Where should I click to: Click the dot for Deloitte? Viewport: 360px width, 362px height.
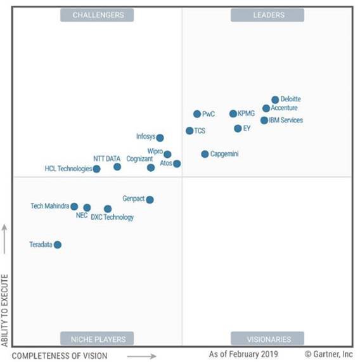[275, 100]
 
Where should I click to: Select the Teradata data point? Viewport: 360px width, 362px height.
[58, 245]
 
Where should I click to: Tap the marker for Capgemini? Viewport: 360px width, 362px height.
[205, 154]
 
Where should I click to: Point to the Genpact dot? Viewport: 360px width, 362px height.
[150, 200]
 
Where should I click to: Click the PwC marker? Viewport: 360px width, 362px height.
[197, 114]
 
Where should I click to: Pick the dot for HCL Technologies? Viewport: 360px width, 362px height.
[96, 169]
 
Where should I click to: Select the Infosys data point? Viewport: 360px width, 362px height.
[160, 138]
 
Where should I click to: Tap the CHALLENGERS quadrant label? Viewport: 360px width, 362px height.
[98, 15]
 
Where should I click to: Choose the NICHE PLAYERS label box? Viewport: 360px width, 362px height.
[98, 339]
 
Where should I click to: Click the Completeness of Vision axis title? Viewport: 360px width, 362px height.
[60, 356]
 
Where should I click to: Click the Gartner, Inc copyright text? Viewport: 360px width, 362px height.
[329, 354]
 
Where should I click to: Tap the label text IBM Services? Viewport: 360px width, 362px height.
[285, 120]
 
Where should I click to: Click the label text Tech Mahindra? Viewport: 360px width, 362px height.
[49, 206]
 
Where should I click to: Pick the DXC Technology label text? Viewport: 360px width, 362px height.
[112, 217]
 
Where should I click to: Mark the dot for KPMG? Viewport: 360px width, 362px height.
[233, 114]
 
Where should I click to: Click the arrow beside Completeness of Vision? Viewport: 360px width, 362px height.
[145, 356]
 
